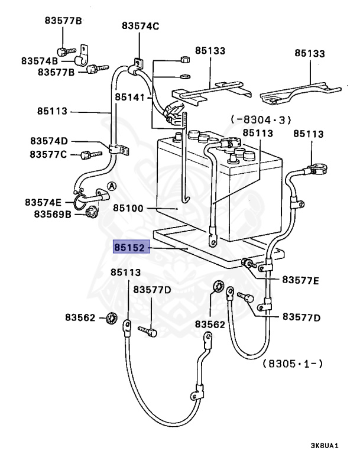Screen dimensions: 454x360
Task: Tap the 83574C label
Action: click(141, 25)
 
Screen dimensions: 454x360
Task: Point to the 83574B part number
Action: click(40, 61)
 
